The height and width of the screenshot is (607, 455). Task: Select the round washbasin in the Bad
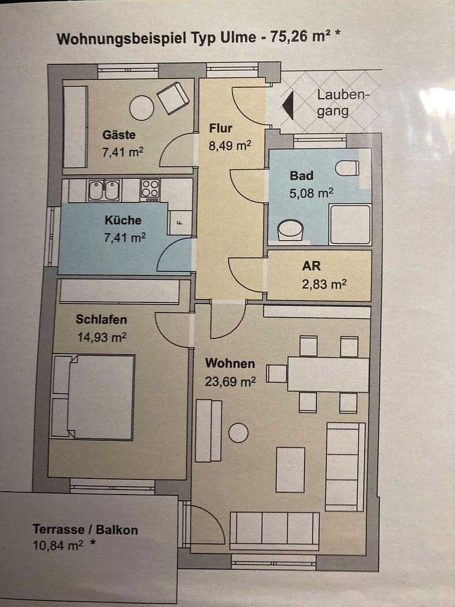[291, 230]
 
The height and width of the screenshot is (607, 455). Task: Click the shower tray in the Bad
[349, 224]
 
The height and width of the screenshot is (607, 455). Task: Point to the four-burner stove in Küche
[150, 191]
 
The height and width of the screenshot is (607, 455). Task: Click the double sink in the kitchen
[104, 190]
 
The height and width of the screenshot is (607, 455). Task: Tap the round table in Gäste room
[142, 107]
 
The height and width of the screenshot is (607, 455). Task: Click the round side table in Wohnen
[239, 433]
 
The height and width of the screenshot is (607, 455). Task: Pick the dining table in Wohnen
[327, 374]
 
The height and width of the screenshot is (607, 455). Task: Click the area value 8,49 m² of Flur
[229, 146]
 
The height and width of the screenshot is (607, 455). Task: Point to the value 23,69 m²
[230, 382]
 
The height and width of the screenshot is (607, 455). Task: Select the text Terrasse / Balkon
[85, 529]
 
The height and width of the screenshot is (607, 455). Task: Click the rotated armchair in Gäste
[174, 98]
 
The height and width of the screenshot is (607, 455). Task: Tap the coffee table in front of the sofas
[290, 469]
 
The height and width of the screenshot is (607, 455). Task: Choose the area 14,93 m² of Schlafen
[101, 337]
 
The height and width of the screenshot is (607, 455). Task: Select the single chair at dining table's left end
[276, 373]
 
